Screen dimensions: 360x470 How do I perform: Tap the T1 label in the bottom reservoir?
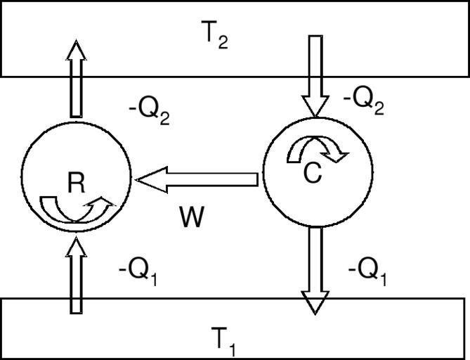click(223, 340)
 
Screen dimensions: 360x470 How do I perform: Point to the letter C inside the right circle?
click(312, 173)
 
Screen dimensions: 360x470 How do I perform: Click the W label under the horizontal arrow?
click(192, 218)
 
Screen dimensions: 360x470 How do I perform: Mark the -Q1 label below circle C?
click(367, 271)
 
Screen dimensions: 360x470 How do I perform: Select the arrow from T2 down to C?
click(315, 74)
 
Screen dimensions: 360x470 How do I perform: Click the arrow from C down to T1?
click(315, 267)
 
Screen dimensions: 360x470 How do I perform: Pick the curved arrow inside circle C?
click(317, 148)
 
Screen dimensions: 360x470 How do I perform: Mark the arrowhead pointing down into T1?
click(315, 302)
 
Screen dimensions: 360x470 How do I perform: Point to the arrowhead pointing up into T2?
click(77, 51)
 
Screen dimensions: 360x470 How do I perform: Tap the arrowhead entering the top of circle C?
click(315, 106)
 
